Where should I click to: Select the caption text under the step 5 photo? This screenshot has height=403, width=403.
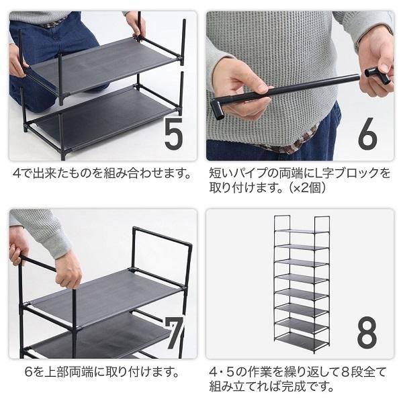[101, 174]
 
